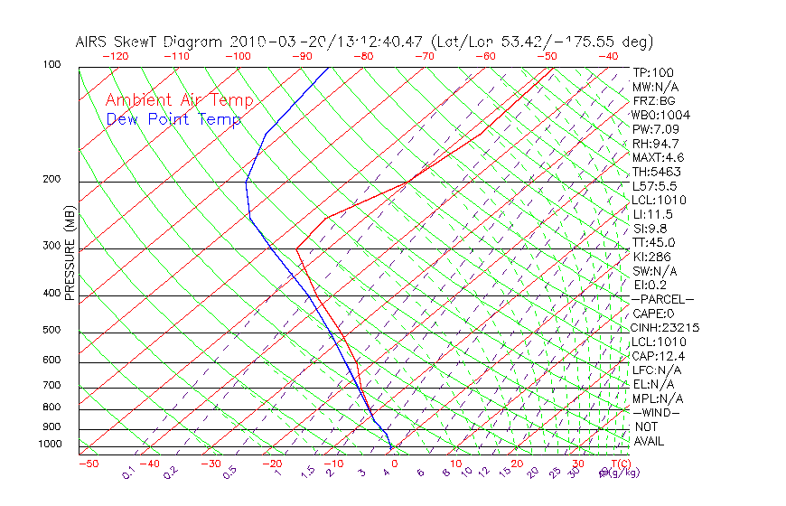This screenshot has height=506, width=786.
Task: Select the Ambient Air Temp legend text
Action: pyautogui.click(x=180, y=100)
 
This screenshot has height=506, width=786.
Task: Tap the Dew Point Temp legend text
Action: pyautogui.click(x=173, y=119)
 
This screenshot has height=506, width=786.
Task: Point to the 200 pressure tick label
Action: pyautogui.click(x=51, y=179)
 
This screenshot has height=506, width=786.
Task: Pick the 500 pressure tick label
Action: pyautogui.click(x=51, y=331)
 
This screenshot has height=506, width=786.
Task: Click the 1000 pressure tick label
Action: pyautogui.click(x=49, y=445)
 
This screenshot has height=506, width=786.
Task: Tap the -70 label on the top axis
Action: pyautogui.click(x=425, y=56)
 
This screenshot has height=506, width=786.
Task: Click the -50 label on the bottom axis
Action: pyautogui.click(x=88, y=464)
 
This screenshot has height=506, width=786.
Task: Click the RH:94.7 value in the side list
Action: pyautogui.click(x=655, y=144)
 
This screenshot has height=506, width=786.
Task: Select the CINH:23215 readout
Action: pyautogui.click(x=666, y=327)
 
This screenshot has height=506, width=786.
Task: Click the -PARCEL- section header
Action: pyautogui.click(x=662, y=299)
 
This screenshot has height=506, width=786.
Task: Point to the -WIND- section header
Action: pyautogui.click(x=657, y=412)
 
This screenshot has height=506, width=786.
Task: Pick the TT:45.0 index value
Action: pyautogui.click(x=654, y=242)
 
